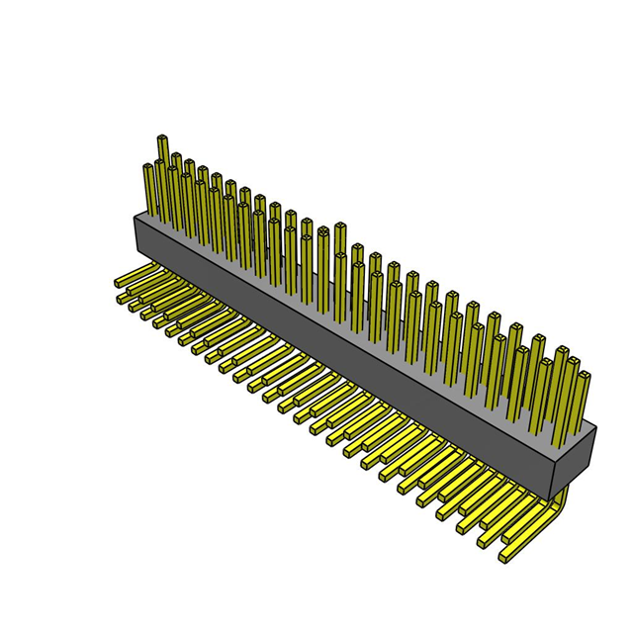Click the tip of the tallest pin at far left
pos(162,139)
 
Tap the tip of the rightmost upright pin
pos(585,376)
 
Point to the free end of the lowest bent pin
pos(506,559)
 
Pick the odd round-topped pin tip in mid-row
pos(322,232)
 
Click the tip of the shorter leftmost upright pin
pos(148,167)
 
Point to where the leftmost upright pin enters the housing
pos(149,212)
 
